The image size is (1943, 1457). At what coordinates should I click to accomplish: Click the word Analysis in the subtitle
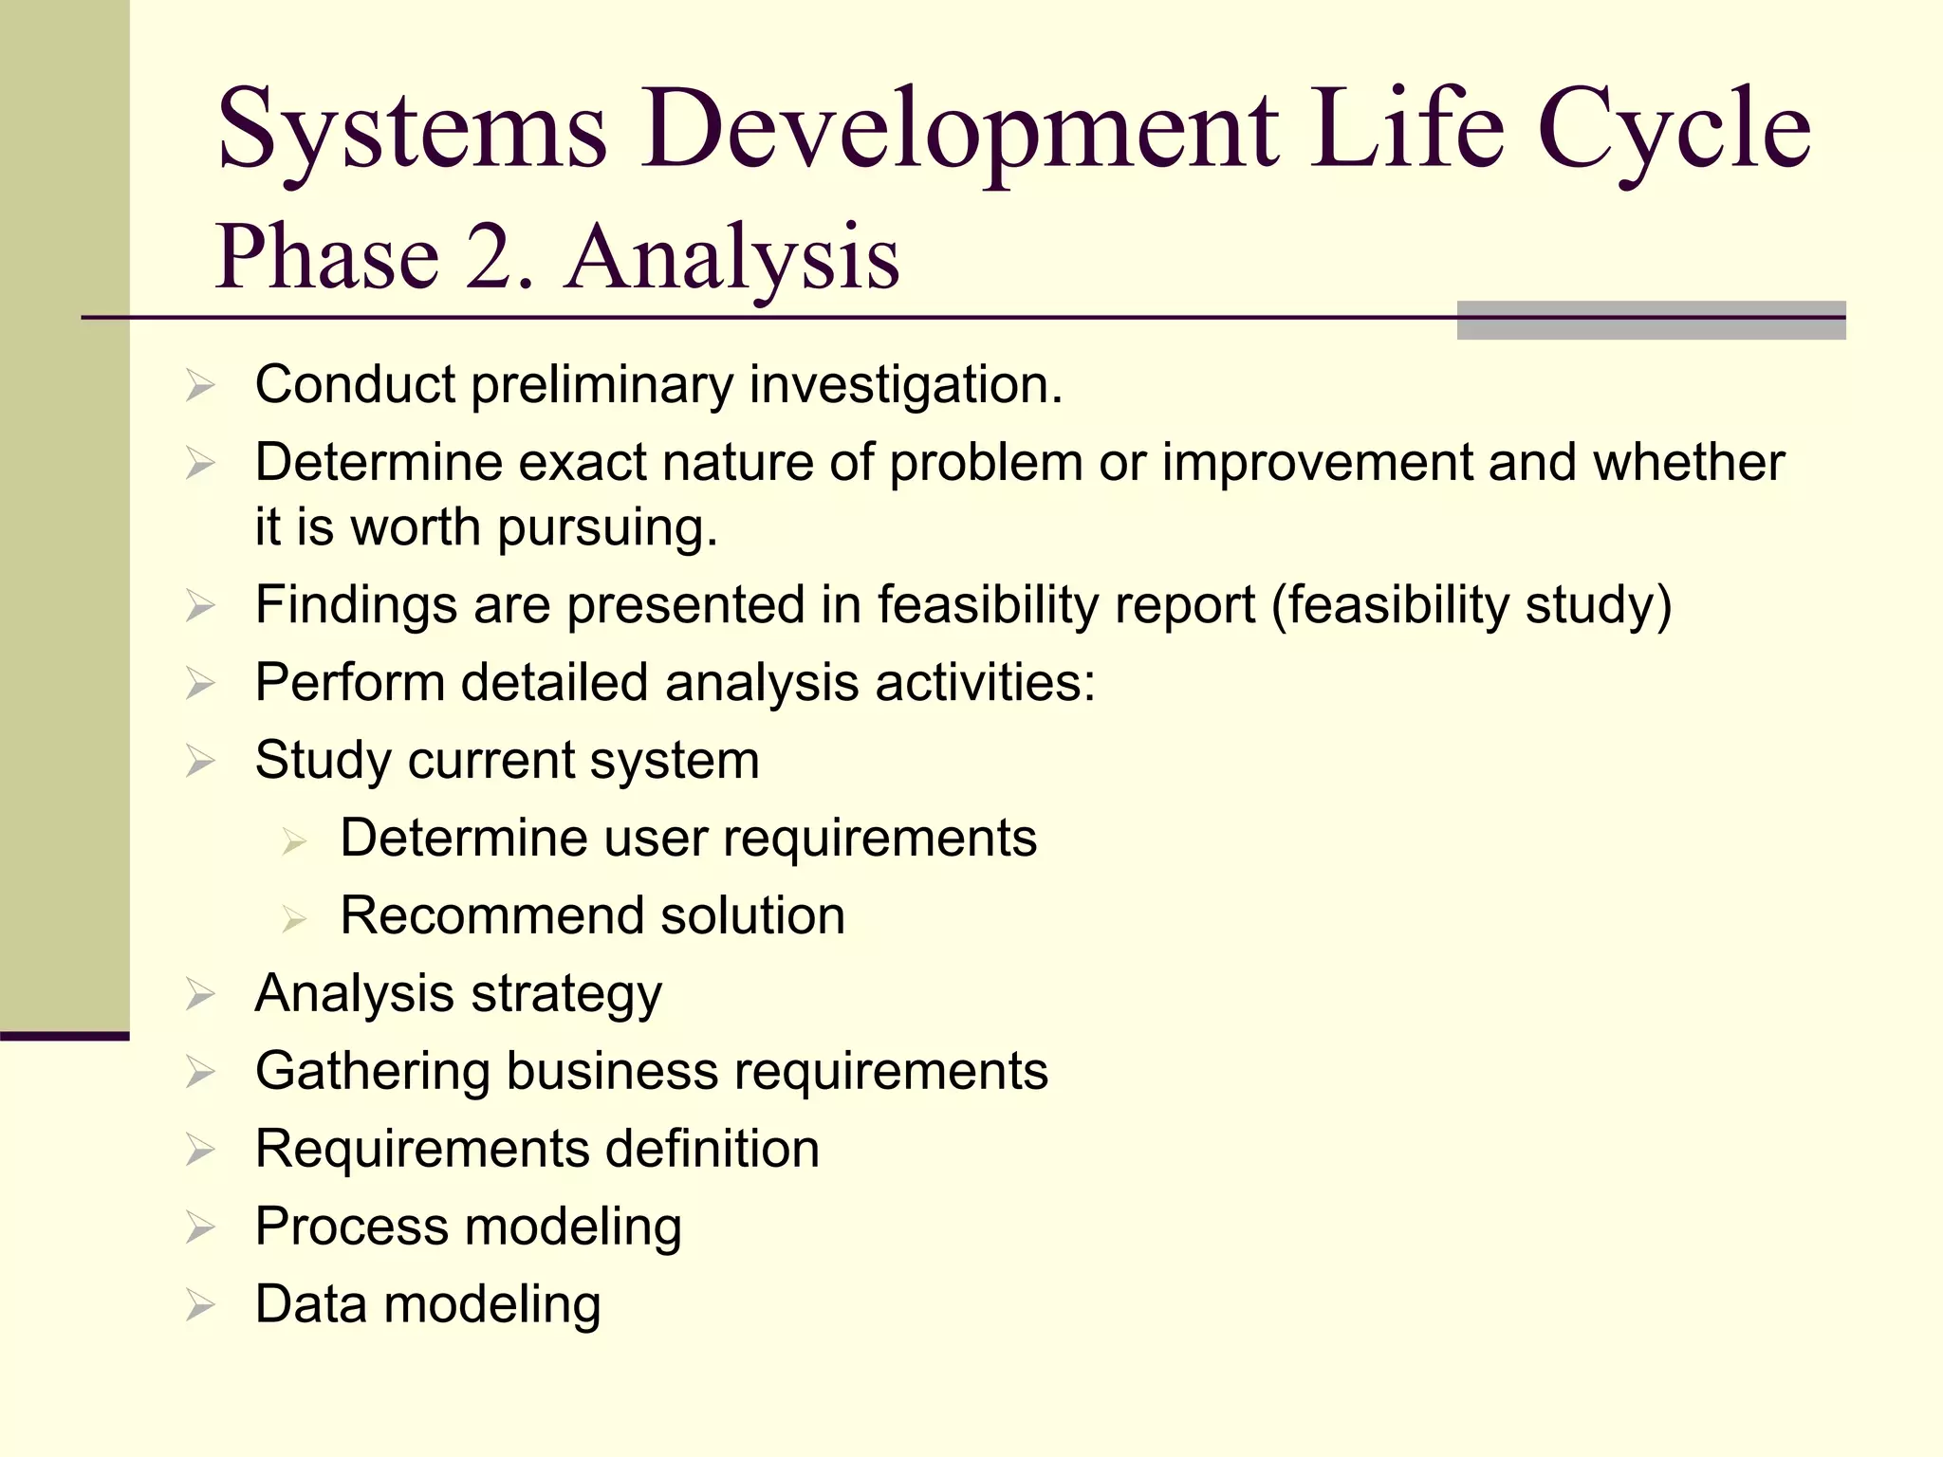pos(732,257)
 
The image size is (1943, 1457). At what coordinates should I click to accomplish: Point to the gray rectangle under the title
pos(1650,321)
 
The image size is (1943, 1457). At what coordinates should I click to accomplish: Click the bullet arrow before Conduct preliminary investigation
pos(200,386)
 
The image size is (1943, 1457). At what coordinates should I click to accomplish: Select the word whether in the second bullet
pos(1688,463)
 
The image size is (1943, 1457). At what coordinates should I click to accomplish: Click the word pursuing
pos(607,528)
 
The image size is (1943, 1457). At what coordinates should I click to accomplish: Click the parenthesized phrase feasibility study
pos(1471,605)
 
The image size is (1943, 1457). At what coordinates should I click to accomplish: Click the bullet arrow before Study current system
pos(200,762)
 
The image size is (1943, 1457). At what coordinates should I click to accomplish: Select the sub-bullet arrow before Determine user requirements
pos(294,840)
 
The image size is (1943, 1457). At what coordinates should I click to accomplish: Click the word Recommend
pos(490,916)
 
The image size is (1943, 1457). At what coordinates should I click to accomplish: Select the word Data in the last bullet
pos(310,1305)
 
